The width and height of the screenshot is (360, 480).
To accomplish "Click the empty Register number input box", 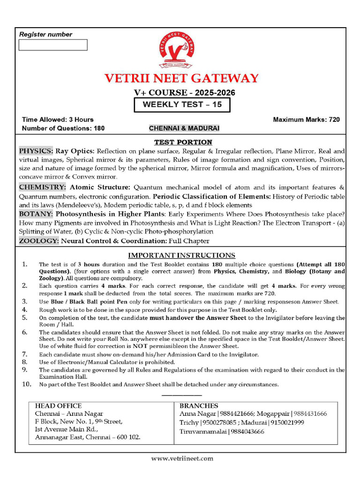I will point(53,45).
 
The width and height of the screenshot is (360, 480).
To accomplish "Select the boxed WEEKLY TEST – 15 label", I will point(182,105).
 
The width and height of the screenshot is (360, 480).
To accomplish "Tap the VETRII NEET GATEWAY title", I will point(181,78).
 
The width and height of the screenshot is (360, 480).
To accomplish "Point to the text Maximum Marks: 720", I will point(306,120).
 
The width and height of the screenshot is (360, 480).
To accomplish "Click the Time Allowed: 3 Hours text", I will point(58,120).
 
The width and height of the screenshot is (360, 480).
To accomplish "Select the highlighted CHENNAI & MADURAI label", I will point(184,128).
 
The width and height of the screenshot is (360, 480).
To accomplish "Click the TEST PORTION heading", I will point(183,142).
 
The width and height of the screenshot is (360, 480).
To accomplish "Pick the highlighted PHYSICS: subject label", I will point(36,151).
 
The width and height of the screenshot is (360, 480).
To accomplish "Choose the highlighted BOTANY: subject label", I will point(36,214).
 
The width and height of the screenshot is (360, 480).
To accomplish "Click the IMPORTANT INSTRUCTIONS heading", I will point(182,255).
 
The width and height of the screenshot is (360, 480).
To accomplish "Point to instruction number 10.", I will point(27,384).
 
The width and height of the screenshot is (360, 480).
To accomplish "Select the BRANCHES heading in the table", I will point(199,406).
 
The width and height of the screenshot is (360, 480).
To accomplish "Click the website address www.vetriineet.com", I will point(182,458).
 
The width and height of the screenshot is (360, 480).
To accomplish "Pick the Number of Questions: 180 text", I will point(63,128).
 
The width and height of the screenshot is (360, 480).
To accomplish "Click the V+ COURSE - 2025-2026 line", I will point(184,93).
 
